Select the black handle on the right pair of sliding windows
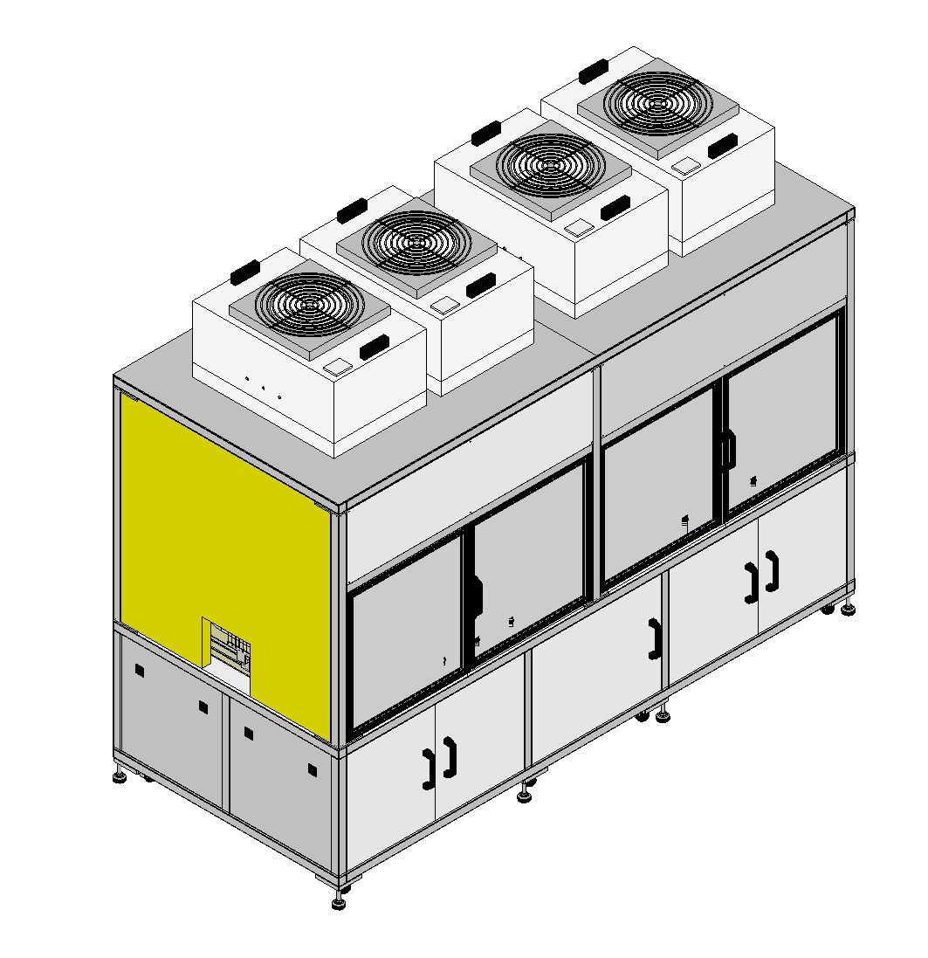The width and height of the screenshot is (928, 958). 728,448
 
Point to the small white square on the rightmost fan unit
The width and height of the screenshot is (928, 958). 688,164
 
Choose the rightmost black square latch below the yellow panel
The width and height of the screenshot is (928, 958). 312,769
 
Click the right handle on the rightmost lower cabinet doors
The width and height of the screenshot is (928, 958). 773,570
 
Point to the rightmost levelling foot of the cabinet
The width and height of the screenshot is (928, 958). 847,610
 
